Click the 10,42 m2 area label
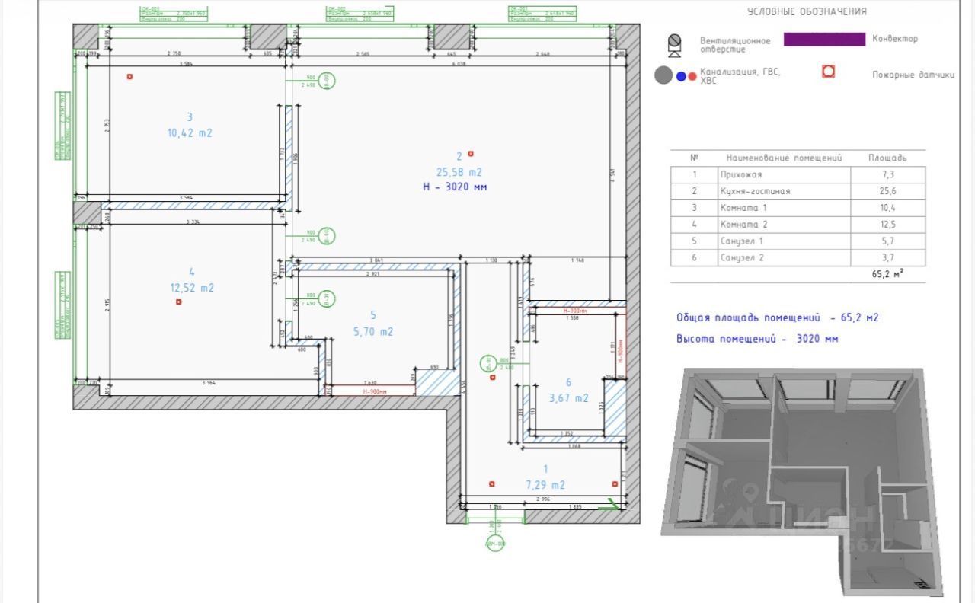point(190,133)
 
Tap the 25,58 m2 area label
point(459,172)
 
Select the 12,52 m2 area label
point(192,288)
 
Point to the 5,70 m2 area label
point(373,331)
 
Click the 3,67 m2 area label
point(569,397)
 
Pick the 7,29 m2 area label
point(545,485)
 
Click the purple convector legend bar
point(824,39)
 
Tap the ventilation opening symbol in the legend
point(674,46)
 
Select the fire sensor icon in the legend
point(828,72)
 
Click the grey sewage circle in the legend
point(663,75)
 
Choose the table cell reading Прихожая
point(739,174)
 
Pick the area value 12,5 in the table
point(887,225)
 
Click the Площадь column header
point(887,158)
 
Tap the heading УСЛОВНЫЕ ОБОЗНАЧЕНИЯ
point(807,11)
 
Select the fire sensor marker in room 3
point(130,76)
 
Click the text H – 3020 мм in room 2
point(455,187)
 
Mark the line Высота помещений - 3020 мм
point(757,339)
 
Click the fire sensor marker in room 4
point(179,301)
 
